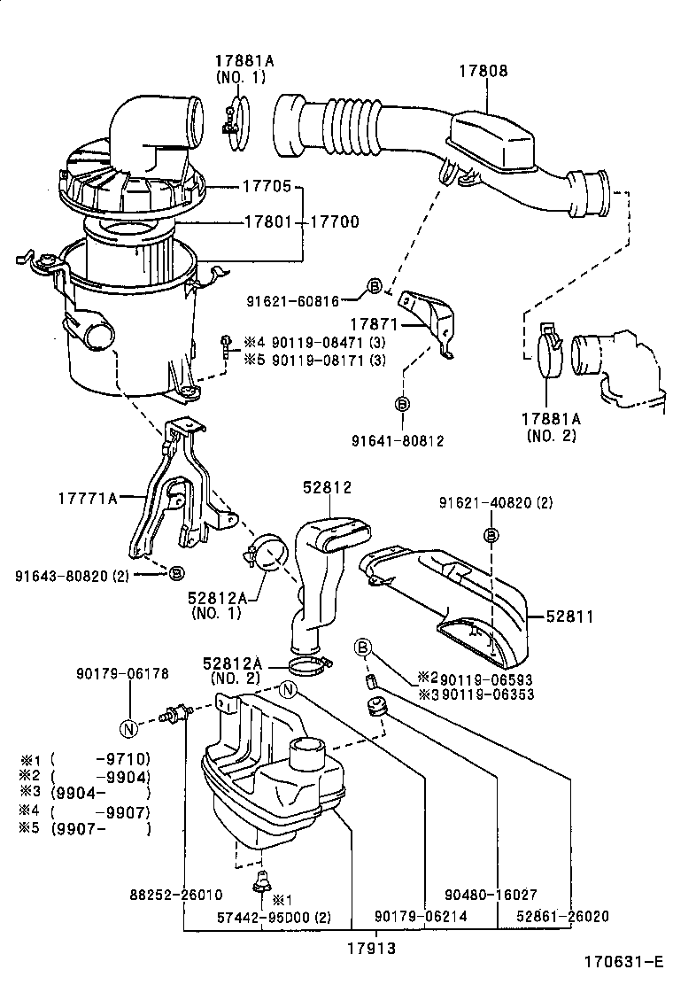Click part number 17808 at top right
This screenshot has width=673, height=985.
pyautogui.click(x=483, y=71)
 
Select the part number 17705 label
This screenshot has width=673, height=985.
pyautogui.click(x=268, y=187)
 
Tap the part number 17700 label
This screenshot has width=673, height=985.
pyautogui.click(x=333, y=221)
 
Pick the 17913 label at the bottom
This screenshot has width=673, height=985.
pyautogui.click(x=371, y=947)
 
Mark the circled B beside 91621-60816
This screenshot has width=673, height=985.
pyautogui.click(x=374, y=285)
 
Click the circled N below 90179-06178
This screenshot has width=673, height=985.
pyautogui.click(x=129, y=729)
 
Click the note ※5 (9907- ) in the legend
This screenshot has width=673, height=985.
pyautogui.click(x=84, y=829)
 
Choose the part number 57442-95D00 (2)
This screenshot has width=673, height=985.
pyautogui.click(x=274, y=917)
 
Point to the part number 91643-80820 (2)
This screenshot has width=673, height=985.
pyautogui.click(x=84, y=575)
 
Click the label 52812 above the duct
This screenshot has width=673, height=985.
pyautogui.click(x=327, y=487)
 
